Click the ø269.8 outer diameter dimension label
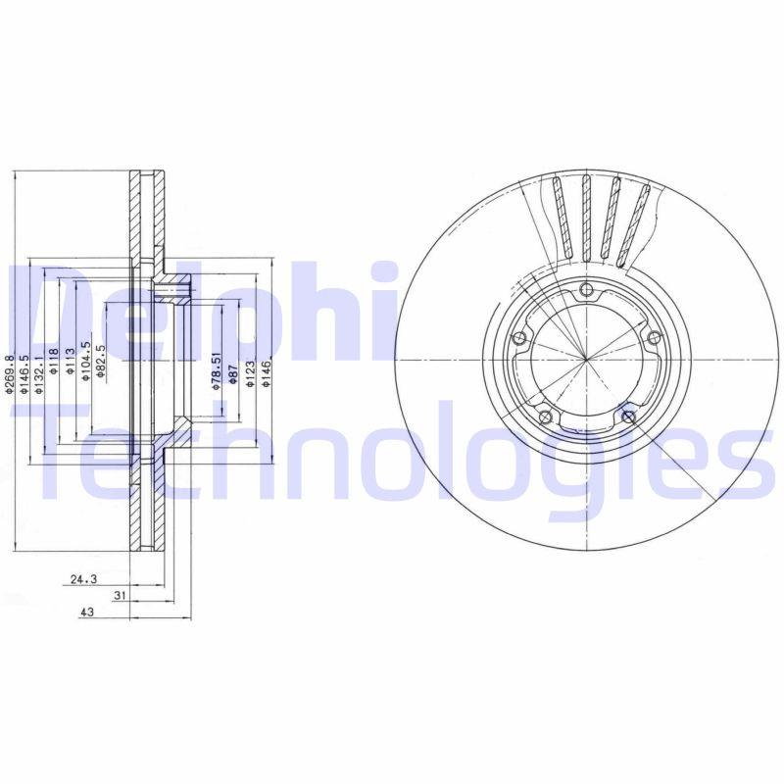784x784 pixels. click(11, 375)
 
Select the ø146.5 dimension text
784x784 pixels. click(24, 375)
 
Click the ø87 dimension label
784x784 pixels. click(233, 374)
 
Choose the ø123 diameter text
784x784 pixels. click(251, 374)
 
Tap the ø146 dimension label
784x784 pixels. click(267, 374)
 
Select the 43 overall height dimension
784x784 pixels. click(87, 611)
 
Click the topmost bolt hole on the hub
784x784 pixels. click(586, 289)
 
